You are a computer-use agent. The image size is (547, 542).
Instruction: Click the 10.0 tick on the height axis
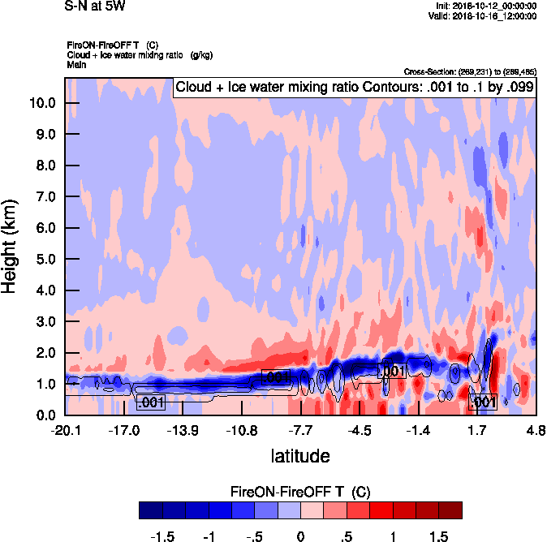(x=44, y=103)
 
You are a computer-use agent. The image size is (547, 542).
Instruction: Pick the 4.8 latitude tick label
(x=536, y=430)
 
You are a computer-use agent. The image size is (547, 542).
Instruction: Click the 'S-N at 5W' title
(x=94, y=6)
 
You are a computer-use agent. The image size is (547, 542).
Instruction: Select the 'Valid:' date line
(x=484, y=16)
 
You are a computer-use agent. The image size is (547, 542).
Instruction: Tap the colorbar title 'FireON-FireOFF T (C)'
(x=300, y=492)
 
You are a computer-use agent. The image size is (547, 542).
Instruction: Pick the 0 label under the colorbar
(x=300, y=537)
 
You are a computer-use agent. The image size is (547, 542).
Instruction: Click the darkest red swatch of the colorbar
(x=450, y=510)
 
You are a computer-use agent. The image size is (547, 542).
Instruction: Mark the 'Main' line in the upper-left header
(x=76, y=64)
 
